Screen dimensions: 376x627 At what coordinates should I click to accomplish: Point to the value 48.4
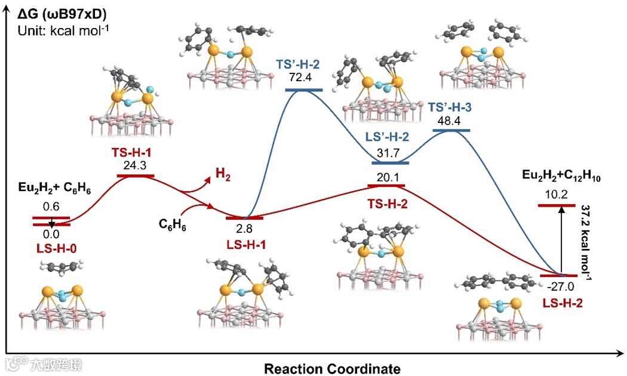coord(452,120)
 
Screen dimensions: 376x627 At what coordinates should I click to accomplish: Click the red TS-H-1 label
coord(135,152)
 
